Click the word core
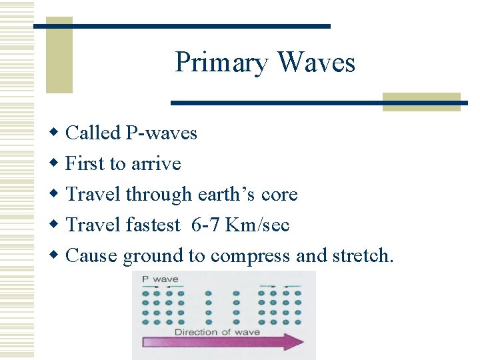point(280,195)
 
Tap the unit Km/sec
point(257,225)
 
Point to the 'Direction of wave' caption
point(217,331)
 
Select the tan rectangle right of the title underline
point(421,102)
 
